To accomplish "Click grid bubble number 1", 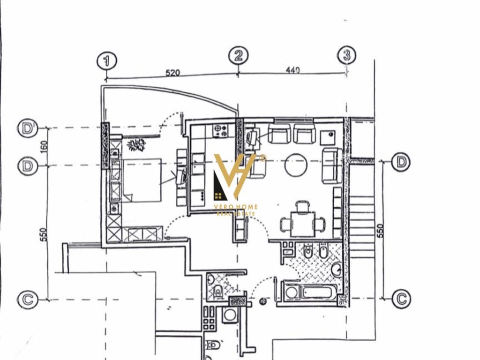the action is [x=106, y=61].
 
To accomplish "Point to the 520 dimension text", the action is [x=172, y=73].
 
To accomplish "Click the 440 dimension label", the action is [x=292, y=70].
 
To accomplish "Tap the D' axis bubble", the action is [x=28, y=128].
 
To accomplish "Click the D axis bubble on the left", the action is [x=28, y=166].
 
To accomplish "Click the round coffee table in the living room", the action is [x=296, y=165].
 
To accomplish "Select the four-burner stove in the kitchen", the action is [x=220, y=131].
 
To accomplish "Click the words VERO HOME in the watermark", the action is [x=236, y=207].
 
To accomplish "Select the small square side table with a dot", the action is [x=328, y=137].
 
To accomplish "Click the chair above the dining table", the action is [x=303, y=206].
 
